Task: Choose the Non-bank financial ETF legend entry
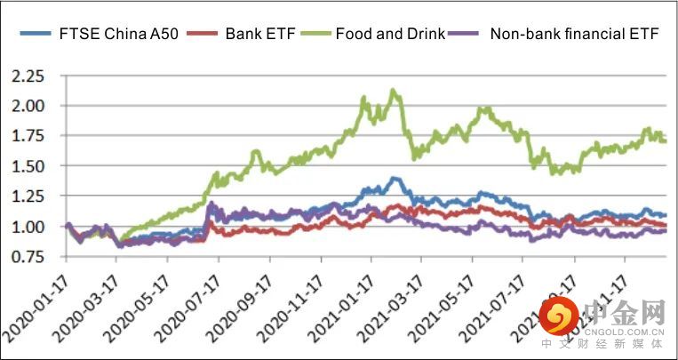[x=574, y=35]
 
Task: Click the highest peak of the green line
[x=392, y=90]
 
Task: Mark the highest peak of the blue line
[x=393, y=179]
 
